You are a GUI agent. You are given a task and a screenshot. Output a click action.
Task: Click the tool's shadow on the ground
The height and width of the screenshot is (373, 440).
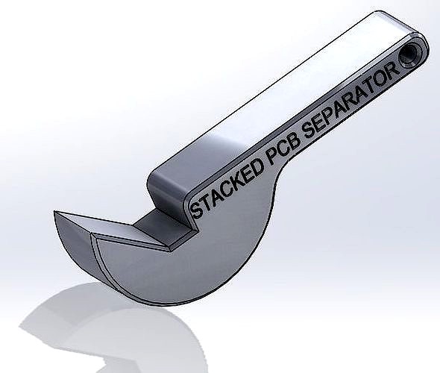pyautogui.click(x=112, y=328)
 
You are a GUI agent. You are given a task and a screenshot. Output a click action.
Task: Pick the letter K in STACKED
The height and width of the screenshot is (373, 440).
pyautogui.click(x=237, y=181)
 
